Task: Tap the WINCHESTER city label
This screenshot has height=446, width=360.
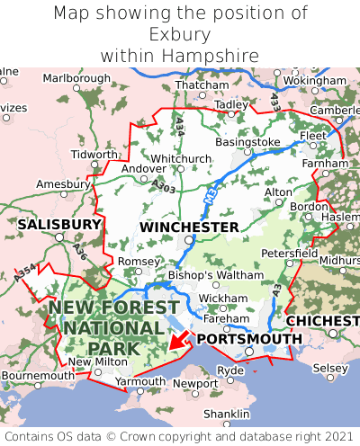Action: tap(189, 227)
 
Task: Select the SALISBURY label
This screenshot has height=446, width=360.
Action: tap(59, 224)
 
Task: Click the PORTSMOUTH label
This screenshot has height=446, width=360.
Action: tap(249, 338)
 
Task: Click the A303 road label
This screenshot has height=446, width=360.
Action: tap(164, 185)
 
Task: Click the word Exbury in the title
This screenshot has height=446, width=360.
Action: tap(180, 35)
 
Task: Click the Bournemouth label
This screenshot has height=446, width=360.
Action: tap(38, 375)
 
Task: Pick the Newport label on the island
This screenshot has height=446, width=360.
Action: tap(195, 383)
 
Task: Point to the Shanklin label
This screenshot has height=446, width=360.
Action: tap(227, 414)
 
